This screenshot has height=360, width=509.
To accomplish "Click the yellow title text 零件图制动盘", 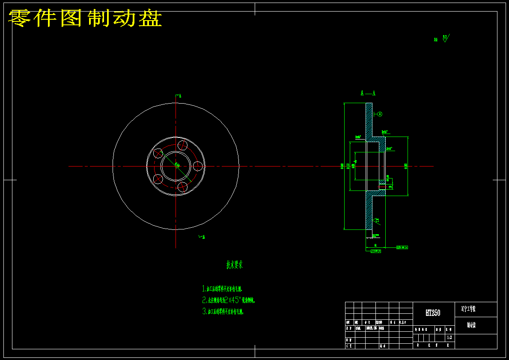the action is (85, 18).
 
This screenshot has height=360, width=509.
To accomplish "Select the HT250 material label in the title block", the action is (432, 313).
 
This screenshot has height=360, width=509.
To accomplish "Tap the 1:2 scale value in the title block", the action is (449, 337).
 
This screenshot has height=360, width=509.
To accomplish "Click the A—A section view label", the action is (368, 93).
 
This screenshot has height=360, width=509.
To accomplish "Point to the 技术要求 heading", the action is (235, 265).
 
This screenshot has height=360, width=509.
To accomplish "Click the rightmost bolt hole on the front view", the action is (198, 166).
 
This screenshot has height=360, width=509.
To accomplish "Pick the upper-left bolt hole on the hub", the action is (158, 153).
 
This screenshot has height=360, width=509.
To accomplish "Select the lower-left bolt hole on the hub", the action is (158, 179).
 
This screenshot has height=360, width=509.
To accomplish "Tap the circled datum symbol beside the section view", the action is (380, 114).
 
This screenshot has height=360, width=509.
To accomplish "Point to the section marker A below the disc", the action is (202, 237).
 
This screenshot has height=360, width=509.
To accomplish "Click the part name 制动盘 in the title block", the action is (471, 325).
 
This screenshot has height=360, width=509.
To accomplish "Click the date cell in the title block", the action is (369, 328).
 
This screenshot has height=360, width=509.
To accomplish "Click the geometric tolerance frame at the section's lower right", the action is (402, 247).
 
